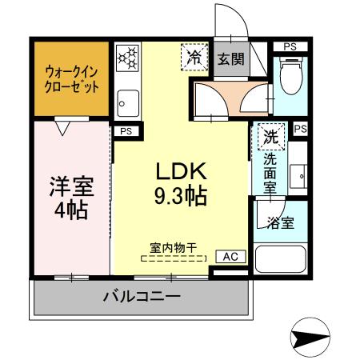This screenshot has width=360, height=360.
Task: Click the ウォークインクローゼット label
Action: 72,77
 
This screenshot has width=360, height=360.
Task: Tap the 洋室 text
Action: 72,189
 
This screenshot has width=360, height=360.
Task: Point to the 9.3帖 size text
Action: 181,194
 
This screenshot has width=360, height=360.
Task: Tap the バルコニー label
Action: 141,297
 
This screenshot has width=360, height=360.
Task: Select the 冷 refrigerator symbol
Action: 194,57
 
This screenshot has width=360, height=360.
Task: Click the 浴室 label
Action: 281,222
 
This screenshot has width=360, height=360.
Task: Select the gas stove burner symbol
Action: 127,56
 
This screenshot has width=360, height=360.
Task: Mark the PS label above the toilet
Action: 290,46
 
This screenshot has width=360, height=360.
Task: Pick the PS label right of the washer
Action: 300,129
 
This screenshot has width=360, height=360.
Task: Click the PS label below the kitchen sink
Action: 125,130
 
